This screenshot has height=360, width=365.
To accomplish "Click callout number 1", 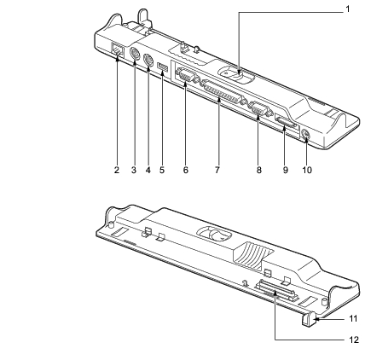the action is (x=347, y=9).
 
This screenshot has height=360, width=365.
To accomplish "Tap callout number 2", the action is (x=117, y=170).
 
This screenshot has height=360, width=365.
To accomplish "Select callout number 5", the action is (x=162, y=170).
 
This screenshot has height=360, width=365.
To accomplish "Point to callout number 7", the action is (x=217, y=170).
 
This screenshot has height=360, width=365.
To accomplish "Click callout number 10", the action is (x=307, y=170).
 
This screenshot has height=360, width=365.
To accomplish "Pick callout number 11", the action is (x=353, y=318).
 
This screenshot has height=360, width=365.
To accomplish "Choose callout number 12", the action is (x=354, y=340).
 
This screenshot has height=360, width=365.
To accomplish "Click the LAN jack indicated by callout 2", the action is (x=118, y=49).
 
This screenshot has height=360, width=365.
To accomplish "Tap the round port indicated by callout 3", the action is (x=134, y=54).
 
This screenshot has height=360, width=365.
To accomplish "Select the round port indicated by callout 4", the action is (x=148, y=60).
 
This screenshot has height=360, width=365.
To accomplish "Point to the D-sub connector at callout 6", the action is (x=185, y=76).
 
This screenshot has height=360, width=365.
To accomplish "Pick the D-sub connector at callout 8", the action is (x=258, y=109).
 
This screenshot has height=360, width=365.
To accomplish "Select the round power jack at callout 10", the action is (x=305, y=135).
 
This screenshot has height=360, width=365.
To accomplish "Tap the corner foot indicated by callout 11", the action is (x=308, y=318).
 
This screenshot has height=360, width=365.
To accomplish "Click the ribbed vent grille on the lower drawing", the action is (x=252, y=255).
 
